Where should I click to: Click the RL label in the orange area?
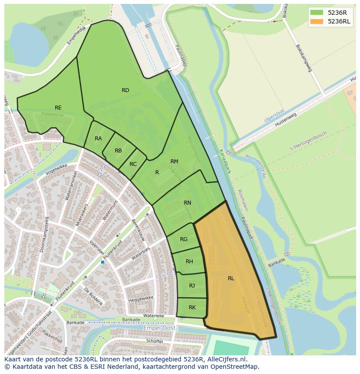coord(231,278)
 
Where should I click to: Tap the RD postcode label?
coord(125,90)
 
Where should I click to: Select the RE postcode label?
coord(58,108)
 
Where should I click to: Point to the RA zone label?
coord(98,139)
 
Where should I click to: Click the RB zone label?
coord(118,151)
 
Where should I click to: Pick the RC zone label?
coord(133,164)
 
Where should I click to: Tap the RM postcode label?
coord(174,162)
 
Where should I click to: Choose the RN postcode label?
coord(187,203)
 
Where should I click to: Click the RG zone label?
coord(184,239)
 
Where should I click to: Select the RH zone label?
coord(189,261)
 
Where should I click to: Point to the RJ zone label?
coord(192,285)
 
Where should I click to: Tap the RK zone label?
coord(192,308)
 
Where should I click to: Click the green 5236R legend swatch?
coord(317,13)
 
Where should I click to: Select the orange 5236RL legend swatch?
coord(317,21)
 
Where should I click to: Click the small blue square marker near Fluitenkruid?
coord(103,262)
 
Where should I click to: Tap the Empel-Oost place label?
coord(160,328)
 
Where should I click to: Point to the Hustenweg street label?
coord(285,120)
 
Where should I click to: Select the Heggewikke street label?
coord(141,299)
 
